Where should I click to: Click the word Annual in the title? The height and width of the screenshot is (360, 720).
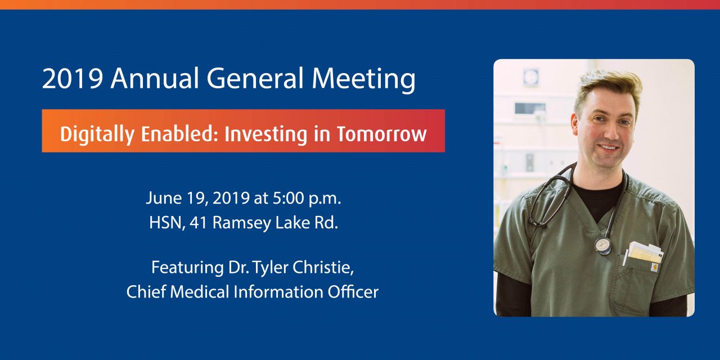click(x=155, y=78)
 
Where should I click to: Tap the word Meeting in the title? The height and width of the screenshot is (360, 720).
click(x=363, y=80)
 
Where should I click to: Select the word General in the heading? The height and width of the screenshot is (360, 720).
click(x=255, y=78)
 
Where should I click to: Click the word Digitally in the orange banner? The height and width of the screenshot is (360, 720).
click(x=97, y=134)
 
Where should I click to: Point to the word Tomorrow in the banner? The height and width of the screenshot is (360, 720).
click(x=381, y=134)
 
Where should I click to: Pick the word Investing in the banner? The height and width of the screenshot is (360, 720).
click(x=266, y=134)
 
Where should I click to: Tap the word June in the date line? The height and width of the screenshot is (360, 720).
click(x=164, y=198)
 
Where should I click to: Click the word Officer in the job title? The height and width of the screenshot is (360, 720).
click(x=353, y=292)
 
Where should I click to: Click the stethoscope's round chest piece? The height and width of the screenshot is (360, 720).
click(x=602, y=246)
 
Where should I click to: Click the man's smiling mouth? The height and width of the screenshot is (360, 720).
click(x=608, y=148)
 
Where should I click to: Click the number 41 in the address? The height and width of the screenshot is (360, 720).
click(x=198, y=223)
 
